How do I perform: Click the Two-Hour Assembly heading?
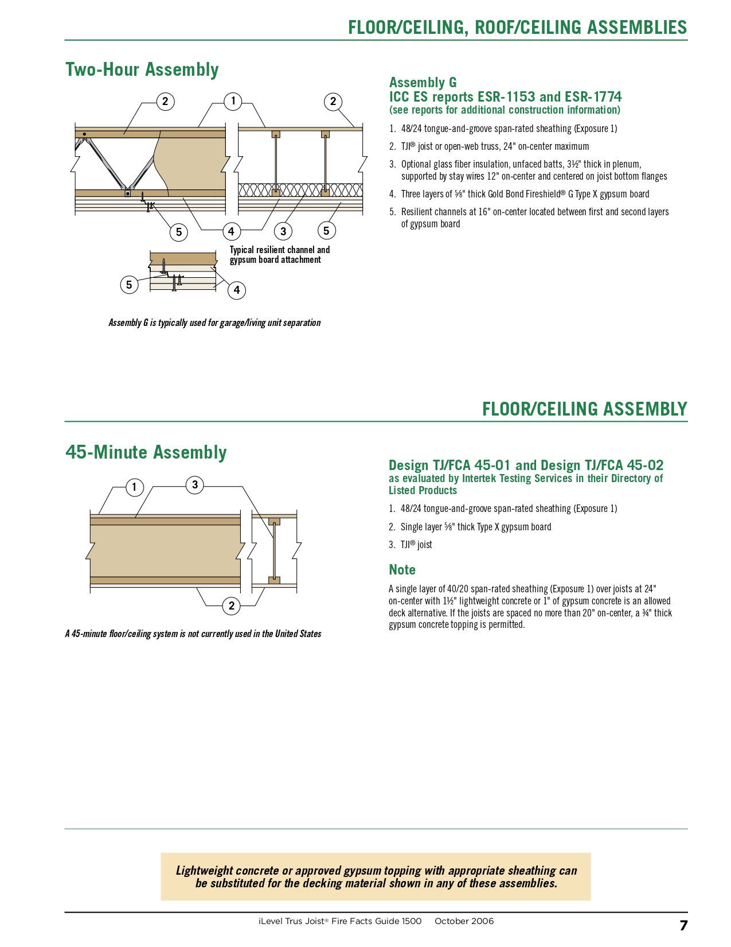142,69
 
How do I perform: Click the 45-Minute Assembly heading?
146,452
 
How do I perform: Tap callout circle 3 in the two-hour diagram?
283,231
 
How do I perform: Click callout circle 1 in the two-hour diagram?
233,102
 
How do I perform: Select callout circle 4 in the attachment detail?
237,290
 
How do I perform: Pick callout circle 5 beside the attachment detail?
129,285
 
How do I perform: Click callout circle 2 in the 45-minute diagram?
231,606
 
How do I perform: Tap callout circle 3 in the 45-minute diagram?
195,485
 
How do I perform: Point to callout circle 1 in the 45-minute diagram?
134,488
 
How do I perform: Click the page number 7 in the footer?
683,925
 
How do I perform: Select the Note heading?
402,570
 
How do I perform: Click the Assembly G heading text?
423,83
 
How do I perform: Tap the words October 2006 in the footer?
464,921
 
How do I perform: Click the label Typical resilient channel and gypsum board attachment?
279,255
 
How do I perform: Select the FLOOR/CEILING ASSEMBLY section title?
584,409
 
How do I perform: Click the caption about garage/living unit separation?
214,323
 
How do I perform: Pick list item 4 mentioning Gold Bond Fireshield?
525,194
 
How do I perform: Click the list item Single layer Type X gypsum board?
475,527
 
